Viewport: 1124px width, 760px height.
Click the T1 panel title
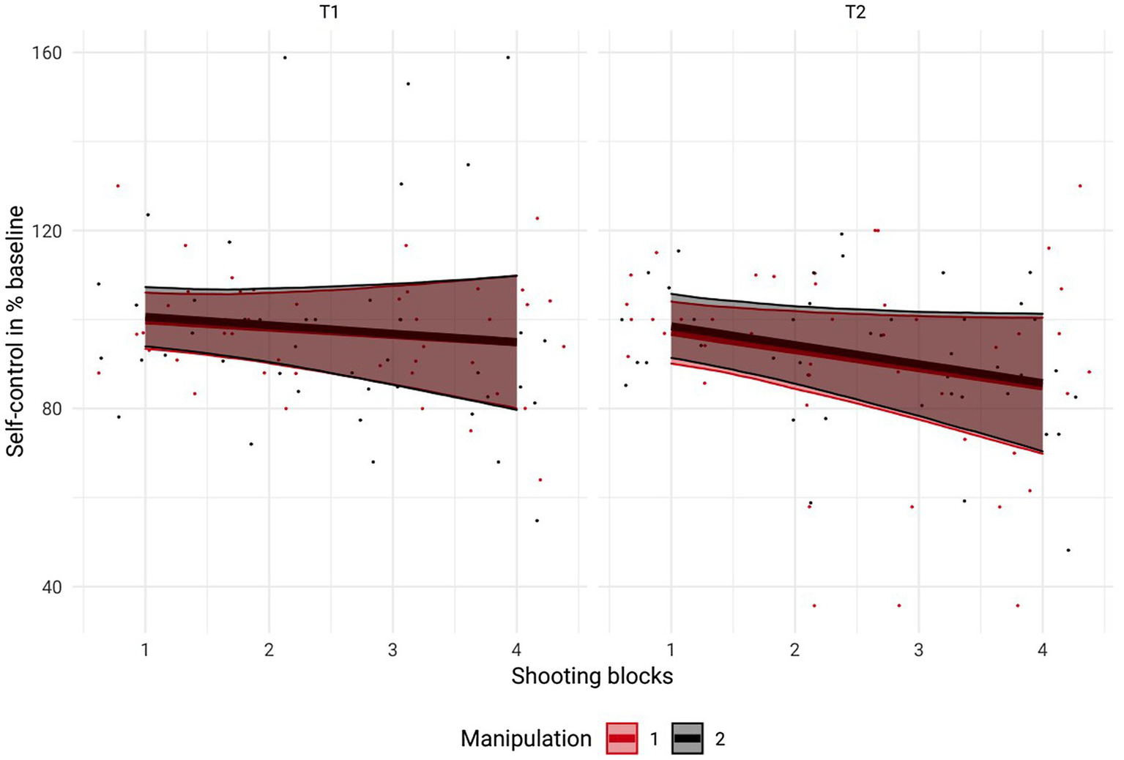pos(330,12)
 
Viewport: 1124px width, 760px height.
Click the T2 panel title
pos(855,12)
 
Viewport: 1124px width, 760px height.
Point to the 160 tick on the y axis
pos(46,53)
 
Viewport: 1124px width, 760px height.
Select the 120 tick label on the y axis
pos(46,231)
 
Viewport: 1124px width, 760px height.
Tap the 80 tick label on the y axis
pos(51,409)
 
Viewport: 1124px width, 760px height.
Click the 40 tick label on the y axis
pos(51,587)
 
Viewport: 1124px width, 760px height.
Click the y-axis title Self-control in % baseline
pos(15,331)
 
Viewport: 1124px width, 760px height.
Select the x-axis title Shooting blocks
pos(592,676)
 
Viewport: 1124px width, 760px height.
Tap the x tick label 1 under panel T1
pos(145,649)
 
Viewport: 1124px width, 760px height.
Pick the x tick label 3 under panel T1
pos(392,649)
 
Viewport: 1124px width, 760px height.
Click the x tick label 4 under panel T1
pos(517,649)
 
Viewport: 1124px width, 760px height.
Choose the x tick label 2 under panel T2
pos(794,649)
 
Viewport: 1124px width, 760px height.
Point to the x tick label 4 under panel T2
pos(1043,649)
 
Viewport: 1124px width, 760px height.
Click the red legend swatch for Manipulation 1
pos(622,739)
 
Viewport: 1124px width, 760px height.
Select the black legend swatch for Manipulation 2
pos(687,739)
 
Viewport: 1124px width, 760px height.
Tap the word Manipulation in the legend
pos(526,739)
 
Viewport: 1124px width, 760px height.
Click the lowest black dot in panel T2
pos(1068,550)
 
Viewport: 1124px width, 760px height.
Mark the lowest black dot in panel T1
pos(537,521)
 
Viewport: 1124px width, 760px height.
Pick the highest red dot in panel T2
pos(1080,186)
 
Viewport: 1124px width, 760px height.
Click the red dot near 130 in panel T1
pos(117,186)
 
